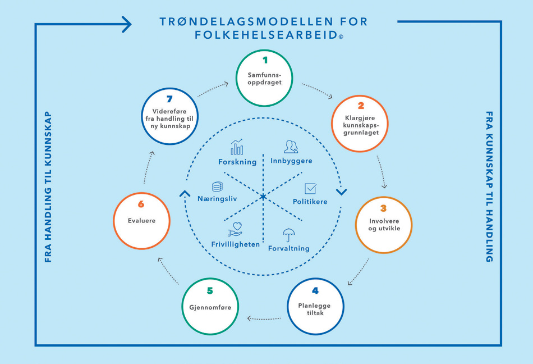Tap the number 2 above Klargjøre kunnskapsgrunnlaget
pos(361,105)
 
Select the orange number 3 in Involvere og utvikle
pos(383,208)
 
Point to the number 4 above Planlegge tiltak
pos(315,290)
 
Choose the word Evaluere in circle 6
pos(141,221)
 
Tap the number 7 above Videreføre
pos(169,99)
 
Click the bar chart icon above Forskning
pos(237,147)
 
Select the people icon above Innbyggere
pos(291,147)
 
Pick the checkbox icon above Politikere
pos(310,189)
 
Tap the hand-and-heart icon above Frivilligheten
pos(235,230)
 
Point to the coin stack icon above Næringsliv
pos(217,186)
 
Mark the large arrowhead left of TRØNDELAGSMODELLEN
pos(126,24)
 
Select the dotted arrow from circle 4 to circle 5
pos(264,319)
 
